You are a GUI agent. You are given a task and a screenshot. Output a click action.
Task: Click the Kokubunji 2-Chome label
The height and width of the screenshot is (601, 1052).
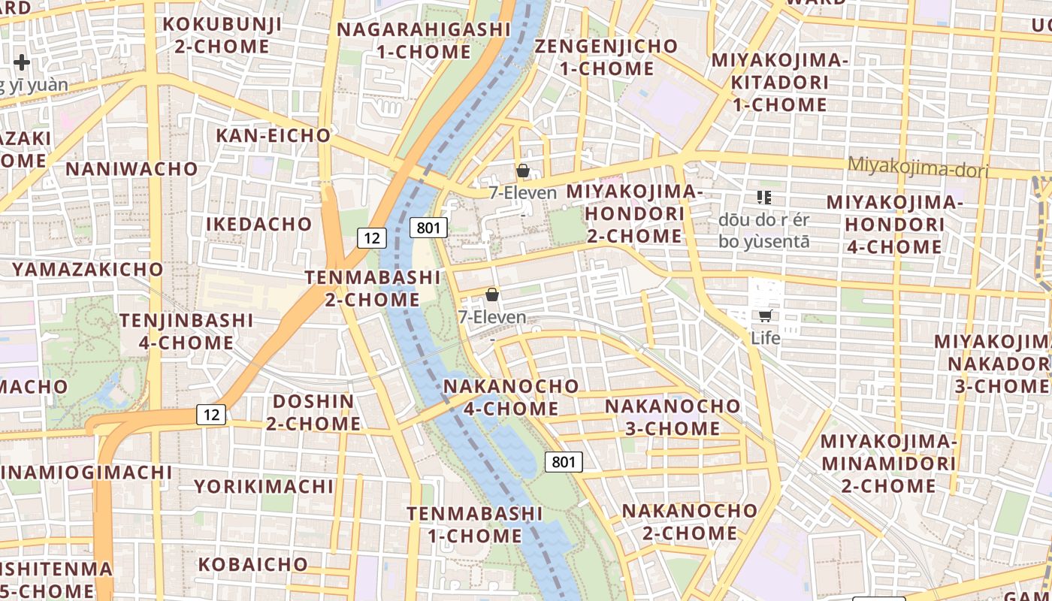point(222,35)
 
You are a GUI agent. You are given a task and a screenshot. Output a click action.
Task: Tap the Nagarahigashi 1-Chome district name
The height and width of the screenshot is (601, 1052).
point(424,41)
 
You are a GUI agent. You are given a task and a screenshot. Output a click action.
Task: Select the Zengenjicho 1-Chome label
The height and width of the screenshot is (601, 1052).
point(606,57)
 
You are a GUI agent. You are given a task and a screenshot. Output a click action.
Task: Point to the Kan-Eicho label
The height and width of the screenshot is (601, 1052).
point(274,136)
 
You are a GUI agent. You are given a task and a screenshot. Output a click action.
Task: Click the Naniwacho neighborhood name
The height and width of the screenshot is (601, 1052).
point(131,168)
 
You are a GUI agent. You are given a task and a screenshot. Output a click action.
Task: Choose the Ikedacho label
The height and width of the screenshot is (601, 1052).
point(258,224)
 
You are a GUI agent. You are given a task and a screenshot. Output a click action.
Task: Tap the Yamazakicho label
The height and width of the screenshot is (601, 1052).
point(88,269)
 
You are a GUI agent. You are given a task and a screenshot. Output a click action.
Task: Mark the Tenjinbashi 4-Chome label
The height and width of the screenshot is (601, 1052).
point(186,331)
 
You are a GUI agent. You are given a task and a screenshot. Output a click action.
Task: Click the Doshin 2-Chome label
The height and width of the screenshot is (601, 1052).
point(313,412)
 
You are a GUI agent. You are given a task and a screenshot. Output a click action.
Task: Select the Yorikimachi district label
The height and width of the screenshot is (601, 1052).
point(264,486)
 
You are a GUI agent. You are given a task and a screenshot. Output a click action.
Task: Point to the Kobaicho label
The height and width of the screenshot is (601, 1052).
point(252,564)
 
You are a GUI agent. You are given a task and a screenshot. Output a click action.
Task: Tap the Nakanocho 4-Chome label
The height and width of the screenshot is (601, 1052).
point(512,397)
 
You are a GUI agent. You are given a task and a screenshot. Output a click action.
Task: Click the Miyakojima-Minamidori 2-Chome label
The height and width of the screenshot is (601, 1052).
point(888,463)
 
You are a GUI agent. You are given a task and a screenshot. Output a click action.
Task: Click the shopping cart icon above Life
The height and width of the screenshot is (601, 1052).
point(765,316)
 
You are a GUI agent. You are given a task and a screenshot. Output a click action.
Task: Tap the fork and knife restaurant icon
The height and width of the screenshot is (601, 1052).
point(764,198)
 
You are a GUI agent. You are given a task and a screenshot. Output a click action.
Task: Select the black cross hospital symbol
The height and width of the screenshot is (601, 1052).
point(21,62)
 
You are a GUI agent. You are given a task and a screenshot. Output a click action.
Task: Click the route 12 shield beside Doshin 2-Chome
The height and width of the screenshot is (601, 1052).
point(212,414)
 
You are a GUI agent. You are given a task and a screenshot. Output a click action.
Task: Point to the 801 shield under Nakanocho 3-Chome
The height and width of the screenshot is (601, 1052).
point(564,461)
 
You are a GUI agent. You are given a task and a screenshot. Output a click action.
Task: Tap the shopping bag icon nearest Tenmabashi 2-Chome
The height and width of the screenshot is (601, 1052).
point(492,294)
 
